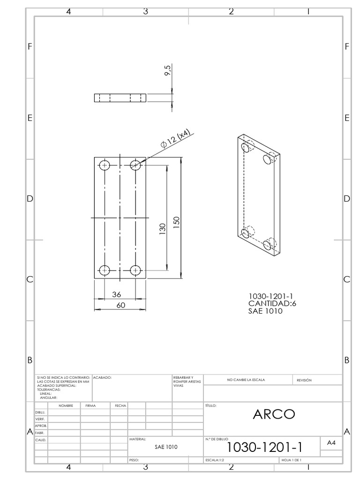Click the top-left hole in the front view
tap(104, 165)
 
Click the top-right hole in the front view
tap(135, 165)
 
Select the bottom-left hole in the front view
tap(104, 270)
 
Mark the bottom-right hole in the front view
tap(135, 270)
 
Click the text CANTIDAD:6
tap(272, 303)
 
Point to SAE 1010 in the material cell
tap(166, 447)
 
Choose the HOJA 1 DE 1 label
tap(291, 460)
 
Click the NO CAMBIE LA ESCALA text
tap(246, 380)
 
